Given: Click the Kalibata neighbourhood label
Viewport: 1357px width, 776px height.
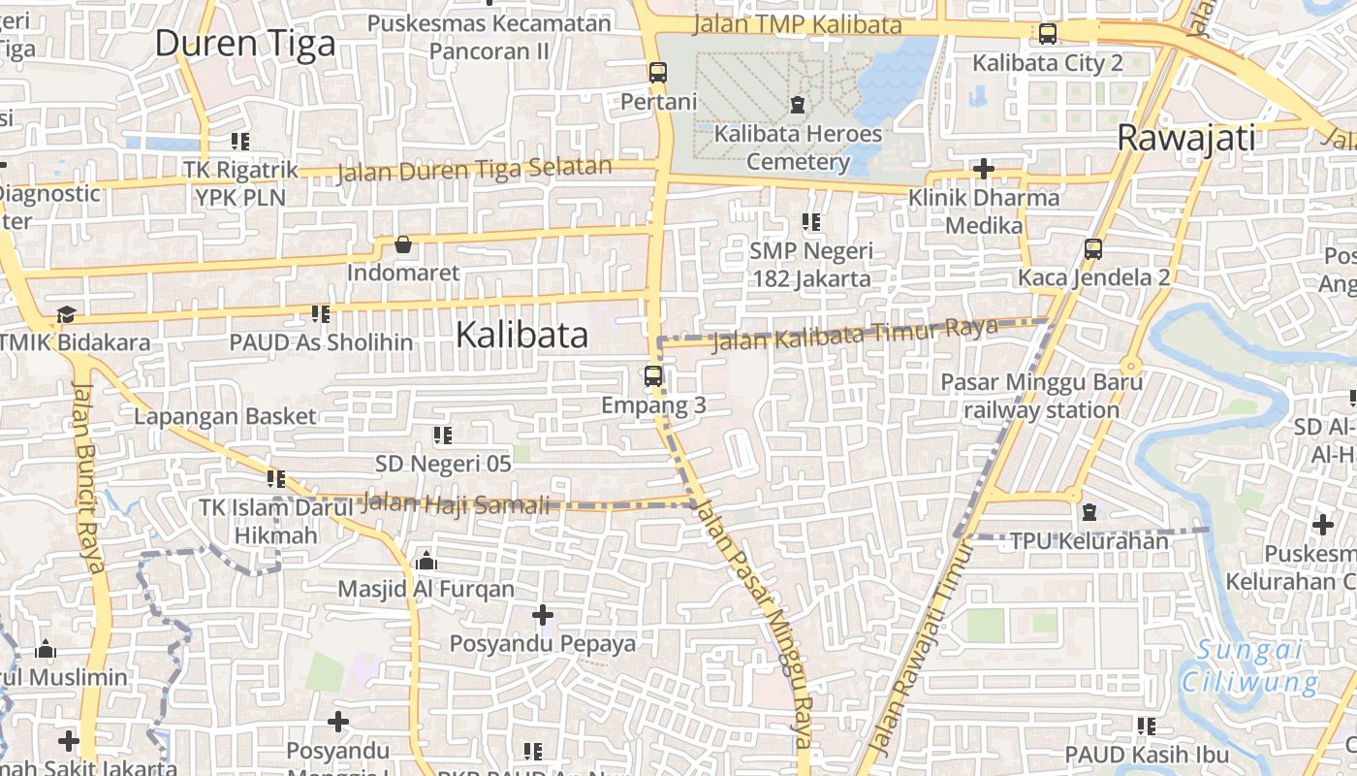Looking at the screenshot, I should (x=521, y=336).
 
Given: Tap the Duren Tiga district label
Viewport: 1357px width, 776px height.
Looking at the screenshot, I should (x=245, y=44).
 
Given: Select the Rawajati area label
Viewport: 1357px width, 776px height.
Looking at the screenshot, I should (x=1185, y=138).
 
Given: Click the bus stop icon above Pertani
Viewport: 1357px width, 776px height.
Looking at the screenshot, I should (x=658, y=73).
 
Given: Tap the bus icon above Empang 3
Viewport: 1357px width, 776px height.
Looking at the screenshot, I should (x=653, y=376).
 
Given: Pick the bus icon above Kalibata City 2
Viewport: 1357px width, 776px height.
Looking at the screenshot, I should (x=1047, y=34).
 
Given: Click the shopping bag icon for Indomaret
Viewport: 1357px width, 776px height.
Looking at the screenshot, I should (x=403, y=244).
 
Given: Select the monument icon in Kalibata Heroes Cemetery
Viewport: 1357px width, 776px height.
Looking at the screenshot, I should (x=798, y=104).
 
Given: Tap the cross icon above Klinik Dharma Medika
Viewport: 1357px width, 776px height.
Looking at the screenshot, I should (x=984, y=169).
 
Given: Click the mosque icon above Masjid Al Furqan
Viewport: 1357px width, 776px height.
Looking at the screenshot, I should (x=426, y=561).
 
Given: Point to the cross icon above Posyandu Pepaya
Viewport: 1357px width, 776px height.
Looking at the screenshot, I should (x=543, y=615).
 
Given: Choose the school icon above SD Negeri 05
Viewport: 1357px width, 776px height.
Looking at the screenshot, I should (x=443, y=436).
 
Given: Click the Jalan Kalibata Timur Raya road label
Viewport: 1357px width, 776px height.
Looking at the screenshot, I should (x=855, y=335).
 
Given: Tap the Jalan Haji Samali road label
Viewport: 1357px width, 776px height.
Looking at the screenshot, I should (x=455, y=504).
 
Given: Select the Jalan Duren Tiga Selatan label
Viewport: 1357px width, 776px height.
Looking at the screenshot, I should (x=474, y=170).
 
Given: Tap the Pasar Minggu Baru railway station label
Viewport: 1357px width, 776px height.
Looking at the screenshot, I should (x=1041, y=396).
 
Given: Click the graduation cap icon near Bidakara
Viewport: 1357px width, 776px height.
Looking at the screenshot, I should (x=66, y=314).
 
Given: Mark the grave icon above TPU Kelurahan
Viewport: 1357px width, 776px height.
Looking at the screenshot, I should (x=1089, y=511).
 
